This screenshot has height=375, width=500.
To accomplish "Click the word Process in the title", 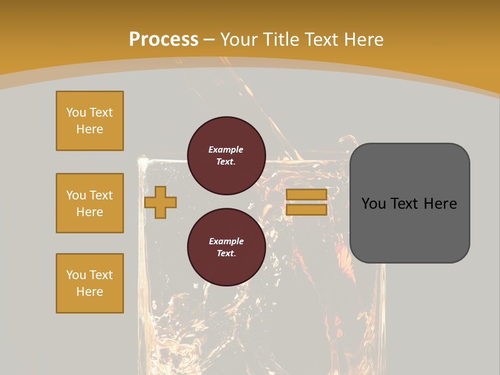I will point(164,40).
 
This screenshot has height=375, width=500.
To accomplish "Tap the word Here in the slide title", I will point(363,40).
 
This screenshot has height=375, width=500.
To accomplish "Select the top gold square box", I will point(90,121).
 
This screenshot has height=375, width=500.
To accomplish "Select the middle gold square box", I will point(90,203).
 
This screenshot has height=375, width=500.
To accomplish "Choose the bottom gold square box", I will point(90,283).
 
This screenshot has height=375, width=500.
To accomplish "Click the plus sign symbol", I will point(160,202).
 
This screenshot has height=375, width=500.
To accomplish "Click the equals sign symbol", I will point(306,202).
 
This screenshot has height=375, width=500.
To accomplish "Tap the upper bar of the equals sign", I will point(306,195).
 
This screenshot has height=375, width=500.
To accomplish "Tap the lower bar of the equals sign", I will point(306,210).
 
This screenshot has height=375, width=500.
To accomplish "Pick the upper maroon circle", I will point(226,156).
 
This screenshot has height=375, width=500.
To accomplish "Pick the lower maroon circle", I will point(226,247).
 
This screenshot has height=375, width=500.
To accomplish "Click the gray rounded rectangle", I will point(409,203).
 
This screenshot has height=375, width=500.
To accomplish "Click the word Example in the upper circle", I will point(226,150).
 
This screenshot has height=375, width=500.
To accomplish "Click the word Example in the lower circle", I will point(226,242).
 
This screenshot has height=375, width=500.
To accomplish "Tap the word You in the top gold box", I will point(76,113).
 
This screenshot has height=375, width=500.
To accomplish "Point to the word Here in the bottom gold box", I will point(90,292).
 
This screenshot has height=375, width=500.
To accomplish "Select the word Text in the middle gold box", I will point(101,195).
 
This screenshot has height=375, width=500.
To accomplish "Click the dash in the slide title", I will point(209,40).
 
